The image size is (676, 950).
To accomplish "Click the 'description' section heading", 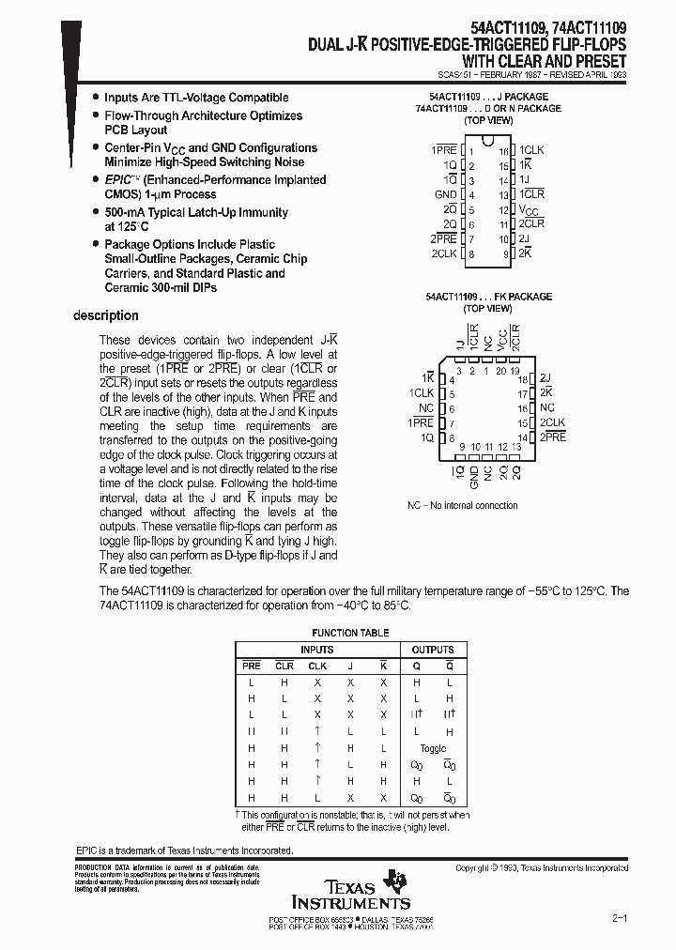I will point(105,316).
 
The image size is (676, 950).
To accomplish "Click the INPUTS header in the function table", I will point(316,650).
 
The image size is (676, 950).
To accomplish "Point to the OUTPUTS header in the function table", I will point(432,650).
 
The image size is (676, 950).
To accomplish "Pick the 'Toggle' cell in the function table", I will point(433,748).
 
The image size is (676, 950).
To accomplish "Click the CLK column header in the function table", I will point(317,666).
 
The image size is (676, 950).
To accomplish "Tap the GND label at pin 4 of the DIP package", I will point(445,194).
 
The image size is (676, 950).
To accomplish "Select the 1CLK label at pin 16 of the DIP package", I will point(532,150).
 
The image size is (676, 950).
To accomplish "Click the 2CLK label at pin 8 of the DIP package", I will point(444,253).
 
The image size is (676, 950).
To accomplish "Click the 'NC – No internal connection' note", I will point(462,505).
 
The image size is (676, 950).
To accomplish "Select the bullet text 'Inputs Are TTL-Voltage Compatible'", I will point(196,98).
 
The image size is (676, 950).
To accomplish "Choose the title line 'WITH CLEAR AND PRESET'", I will point(554,60).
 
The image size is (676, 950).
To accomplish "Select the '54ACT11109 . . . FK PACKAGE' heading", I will point(487,297).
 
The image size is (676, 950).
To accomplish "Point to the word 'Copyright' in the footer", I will point(476,868).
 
